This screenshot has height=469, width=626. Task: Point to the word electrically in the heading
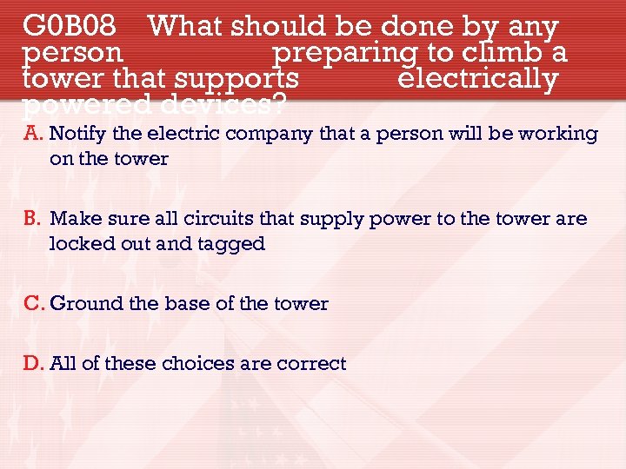click(x=477, y=79)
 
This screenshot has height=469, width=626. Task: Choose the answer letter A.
click(x=33, y=134)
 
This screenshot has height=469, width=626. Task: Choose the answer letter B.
click(x=33, y=219)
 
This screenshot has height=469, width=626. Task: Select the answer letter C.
click(x=33, y=304)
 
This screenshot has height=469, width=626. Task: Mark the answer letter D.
click(x=33, y=364)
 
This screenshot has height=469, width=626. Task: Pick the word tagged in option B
click(x=234, y=245)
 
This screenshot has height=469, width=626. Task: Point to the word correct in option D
click(x=311, y=364)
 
